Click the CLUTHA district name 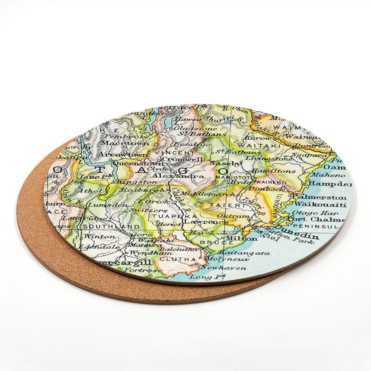point(177,258)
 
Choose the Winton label point(94,236)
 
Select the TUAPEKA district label point(175,216)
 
